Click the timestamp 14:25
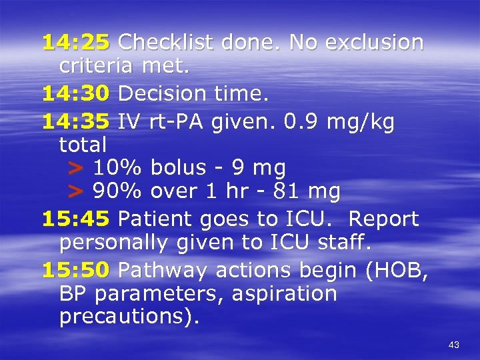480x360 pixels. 76,43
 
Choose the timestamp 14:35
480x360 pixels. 76,122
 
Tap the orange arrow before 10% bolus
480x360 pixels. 77,167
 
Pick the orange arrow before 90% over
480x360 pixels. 77,193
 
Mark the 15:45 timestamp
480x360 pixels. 76,219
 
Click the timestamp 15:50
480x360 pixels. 76,270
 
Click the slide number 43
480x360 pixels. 454,345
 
